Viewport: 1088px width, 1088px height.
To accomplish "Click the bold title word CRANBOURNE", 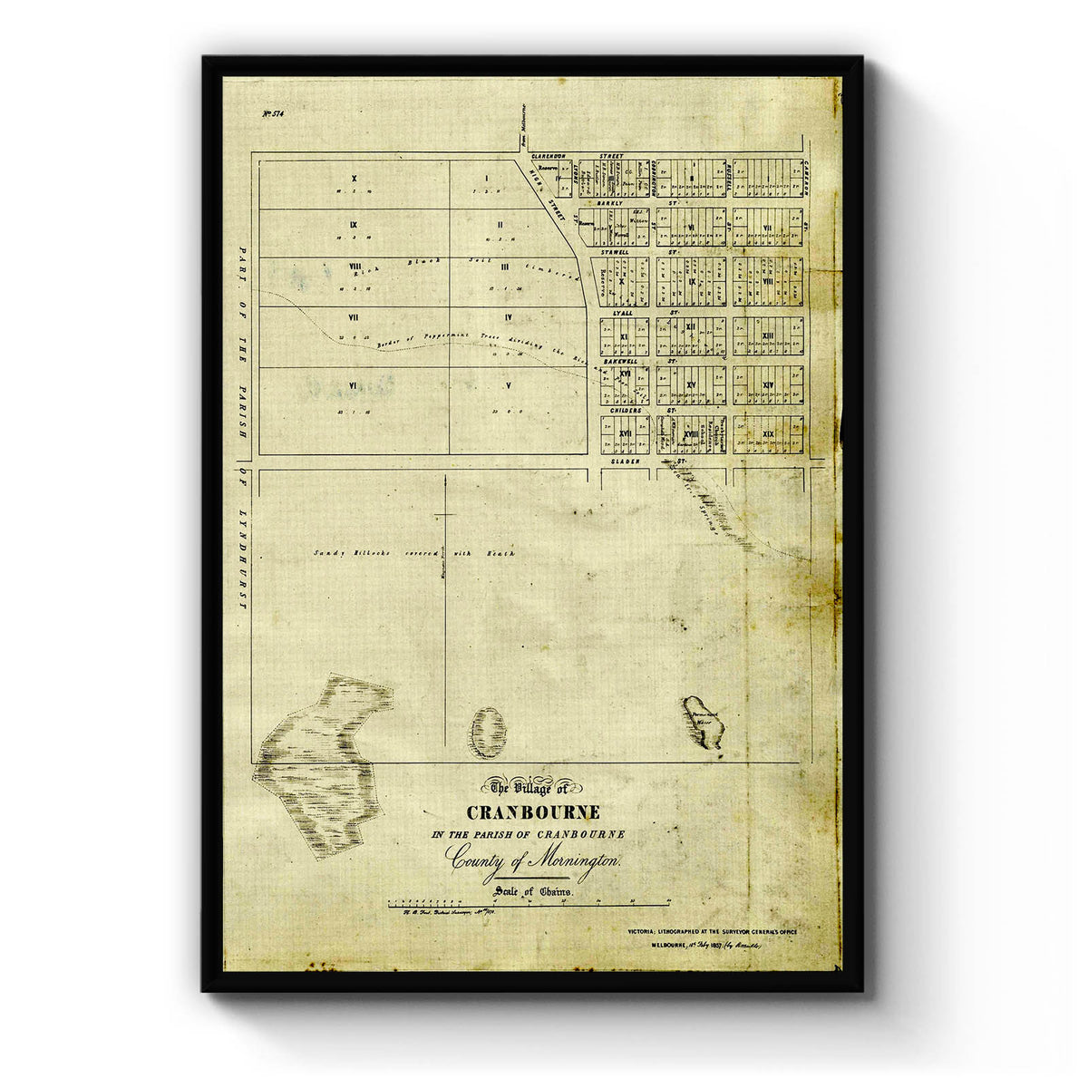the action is pos(532,812).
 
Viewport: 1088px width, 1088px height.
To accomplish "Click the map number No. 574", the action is pos(273,113).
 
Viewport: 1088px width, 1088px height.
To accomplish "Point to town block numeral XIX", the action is pos(768,435).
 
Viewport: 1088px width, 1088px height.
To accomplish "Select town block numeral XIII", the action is pos(768,336).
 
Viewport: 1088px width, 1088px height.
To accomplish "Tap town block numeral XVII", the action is pos(625,435).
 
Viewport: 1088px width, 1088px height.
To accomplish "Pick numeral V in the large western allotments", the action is pos(509,385).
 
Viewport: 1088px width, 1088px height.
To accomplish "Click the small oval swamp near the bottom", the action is pos(487,733).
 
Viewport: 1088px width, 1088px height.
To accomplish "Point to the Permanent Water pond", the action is pos(704,722).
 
